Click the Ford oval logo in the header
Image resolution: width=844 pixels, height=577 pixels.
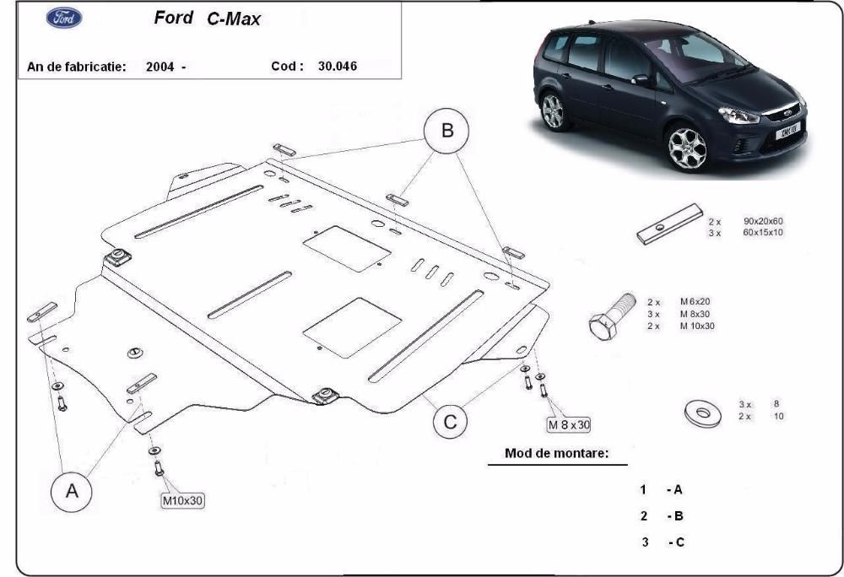64,18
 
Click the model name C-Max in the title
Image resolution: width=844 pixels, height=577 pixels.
234,19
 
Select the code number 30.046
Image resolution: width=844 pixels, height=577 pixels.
338,66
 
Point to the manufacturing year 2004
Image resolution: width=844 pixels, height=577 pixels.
160,67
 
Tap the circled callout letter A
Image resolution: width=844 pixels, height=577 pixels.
72,492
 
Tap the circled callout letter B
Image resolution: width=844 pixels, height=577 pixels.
446,131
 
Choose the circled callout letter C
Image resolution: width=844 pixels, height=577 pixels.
450,422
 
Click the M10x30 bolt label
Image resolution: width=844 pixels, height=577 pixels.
183,500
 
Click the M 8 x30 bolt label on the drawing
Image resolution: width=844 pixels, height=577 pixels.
569,424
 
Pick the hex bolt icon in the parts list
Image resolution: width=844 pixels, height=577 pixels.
612,316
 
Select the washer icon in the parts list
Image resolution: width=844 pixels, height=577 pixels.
703,413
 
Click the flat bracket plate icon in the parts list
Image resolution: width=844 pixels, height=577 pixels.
669,224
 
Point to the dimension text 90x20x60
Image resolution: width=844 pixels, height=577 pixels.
763,221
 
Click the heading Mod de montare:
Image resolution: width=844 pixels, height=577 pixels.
556,453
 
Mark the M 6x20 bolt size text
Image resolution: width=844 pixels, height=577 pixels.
695,302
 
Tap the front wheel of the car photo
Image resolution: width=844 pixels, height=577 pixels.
687,148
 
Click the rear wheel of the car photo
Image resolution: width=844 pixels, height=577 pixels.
554,111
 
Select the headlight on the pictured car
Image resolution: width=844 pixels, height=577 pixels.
738,115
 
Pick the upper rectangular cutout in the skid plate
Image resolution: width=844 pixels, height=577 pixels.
347,249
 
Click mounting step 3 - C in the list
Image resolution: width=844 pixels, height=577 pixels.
663,542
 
